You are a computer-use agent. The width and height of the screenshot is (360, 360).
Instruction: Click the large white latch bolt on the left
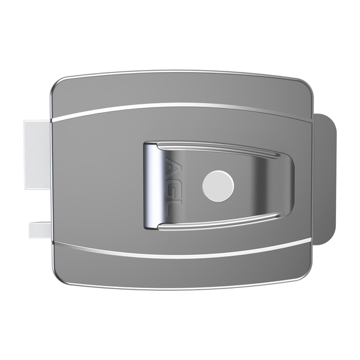[x=37, y=154]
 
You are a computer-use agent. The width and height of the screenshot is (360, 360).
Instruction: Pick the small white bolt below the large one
[x=40, y=229]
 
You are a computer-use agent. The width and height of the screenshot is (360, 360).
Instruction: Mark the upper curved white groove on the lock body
[x=180, y=108]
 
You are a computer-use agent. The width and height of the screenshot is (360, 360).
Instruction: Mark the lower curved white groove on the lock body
[x=180, y=254]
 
